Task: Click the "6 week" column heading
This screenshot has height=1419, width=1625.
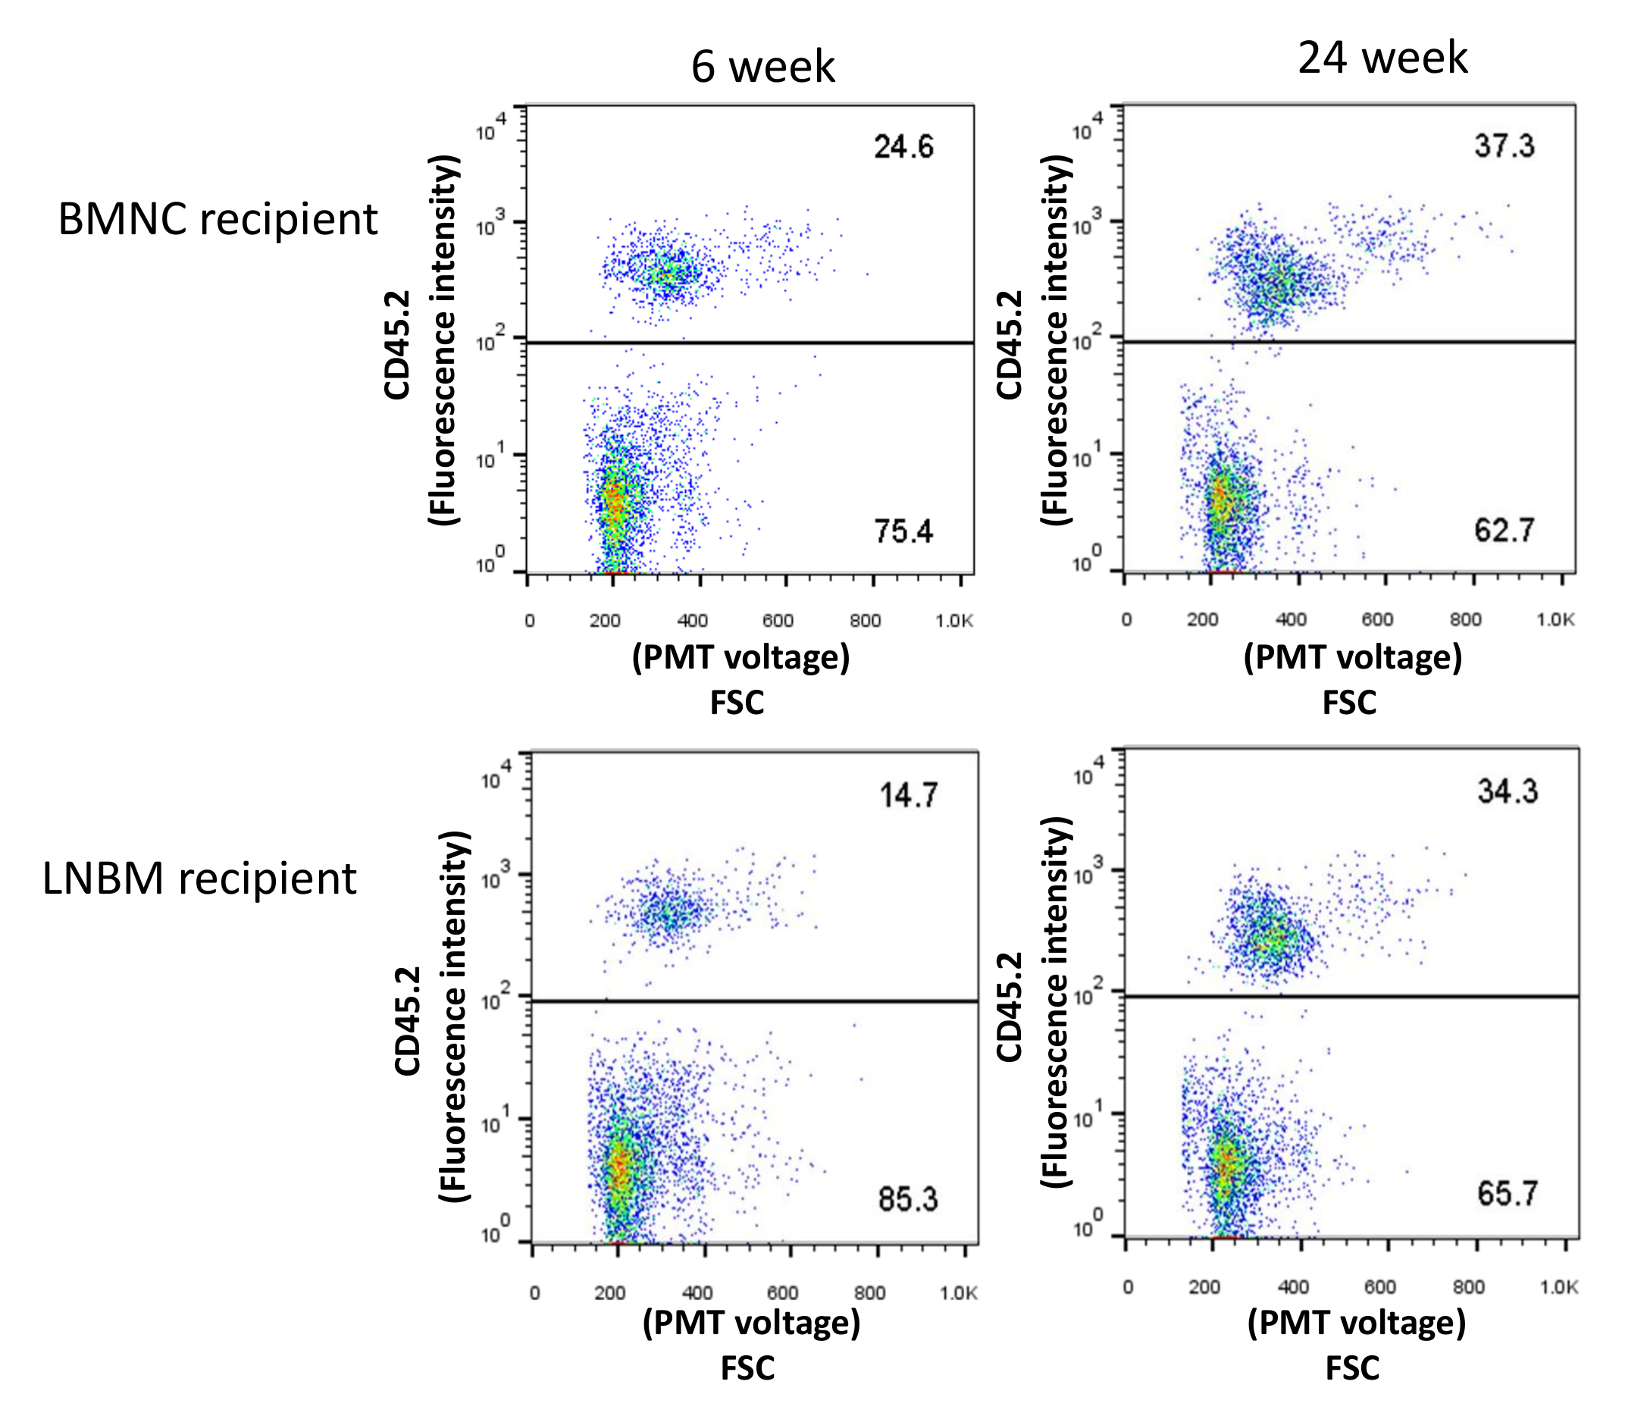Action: point(762,67)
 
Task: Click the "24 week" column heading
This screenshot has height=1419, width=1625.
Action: point(1382,58)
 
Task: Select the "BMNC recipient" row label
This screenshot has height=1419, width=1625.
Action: point(218,219)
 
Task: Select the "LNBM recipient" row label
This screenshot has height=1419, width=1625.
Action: point(199,879)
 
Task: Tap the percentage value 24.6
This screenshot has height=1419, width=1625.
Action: point(903,147)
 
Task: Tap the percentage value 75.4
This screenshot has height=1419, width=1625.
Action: point(903,531)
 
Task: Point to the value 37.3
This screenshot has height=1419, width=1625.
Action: point(1504,146)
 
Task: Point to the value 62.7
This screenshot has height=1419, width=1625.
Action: point(1504,530)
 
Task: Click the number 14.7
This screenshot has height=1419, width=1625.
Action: point(908,795)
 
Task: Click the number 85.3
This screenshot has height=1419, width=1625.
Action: point(907,1200)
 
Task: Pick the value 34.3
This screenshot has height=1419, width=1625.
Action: point(1507,791)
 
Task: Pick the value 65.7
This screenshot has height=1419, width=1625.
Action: point(1507,1193)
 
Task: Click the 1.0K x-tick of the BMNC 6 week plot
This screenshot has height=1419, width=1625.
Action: point(953,621)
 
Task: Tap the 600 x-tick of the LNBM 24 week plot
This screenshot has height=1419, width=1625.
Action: point(1379,1288)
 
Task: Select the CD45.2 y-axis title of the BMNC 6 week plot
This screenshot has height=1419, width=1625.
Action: point(396,345)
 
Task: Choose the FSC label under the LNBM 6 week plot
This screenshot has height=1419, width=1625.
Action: point(747,1368)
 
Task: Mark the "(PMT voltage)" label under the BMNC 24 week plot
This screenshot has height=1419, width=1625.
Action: point(1353,657)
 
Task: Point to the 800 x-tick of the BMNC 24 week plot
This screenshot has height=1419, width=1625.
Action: point(1465,620)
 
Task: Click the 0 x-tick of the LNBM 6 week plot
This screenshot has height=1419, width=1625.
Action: point(534,1293)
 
